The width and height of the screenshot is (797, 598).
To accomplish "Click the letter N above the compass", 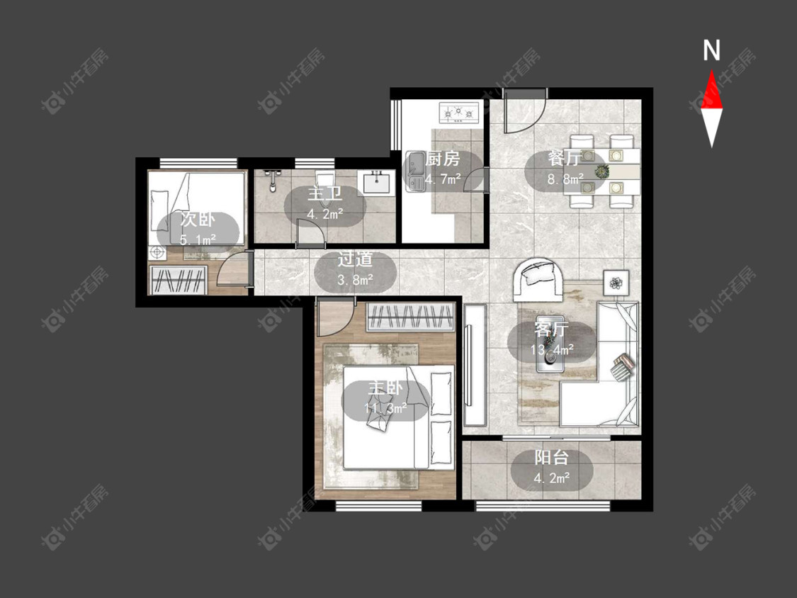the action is point(711,50).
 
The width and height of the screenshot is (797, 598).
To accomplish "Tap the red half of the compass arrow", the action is point(711,91).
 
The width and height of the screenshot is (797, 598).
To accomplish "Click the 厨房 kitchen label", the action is point(443,159).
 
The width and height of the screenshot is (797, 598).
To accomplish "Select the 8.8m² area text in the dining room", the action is point(565,179).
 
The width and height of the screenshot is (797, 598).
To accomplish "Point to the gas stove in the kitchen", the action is point(459,113).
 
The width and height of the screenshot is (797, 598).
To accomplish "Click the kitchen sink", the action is point(415,171).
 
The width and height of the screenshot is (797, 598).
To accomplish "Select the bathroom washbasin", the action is point(376,182).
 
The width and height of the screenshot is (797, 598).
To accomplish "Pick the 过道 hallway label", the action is point(356,259).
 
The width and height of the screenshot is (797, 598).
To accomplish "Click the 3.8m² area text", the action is point(356,279).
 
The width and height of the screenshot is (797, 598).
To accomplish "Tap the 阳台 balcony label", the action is point(551,458).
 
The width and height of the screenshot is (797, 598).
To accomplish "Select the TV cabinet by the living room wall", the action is point(475,365).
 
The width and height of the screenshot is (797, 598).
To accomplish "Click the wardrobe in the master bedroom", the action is point(410,317).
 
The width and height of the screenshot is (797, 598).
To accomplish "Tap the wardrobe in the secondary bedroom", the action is point(178,280).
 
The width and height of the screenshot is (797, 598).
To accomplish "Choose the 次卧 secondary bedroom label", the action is point(198,220).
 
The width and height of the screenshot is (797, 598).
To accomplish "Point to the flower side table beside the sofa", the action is point(616,282).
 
